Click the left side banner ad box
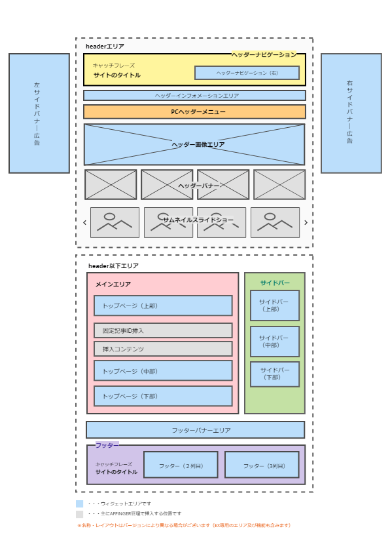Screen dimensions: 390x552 pos(39,113)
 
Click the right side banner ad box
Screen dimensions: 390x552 pos(351,113)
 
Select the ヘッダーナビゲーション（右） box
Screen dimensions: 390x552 pos(247,73)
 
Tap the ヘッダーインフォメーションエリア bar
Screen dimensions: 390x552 pos(194,96)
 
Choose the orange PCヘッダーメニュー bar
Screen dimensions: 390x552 pos(194,112)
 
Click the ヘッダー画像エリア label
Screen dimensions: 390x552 pos(198,144)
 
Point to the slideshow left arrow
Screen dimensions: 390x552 pos(84,222)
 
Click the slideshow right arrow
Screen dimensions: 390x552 pos(306,222)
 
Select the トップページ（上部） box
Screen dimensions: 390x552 pos(163,306)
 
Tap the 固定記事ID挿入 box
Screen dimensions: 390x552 pos(163,330)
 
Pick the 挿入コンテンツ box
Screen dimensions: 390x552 pos(163,349)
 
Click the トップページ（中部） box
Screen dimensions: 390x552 pos(163,370)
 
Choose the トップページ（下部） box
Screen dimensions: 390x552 pos(163,396)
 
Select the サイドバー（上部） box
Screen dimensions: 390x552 pos(275,306)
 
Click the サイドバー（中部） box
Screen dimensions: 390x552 pos(275,342)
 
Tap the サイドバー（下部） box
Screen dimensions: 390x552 pos(275,374)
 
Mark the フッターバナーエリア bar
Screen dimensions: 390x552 pos(196,430)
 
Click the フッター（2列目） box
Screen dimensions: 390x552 pos(181,465)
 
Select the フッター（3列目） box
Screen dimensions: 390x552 pos(262,465)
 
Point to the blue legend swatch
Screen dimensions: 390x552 pos(80,503)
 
